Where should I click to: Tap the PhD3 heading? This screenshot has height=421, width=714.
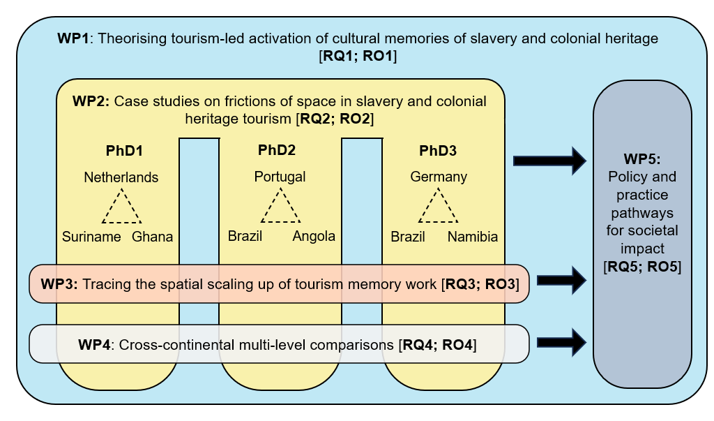pyautogui.click(x=439, y=150)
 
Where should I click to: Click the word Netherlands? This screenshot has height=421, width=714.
pyautogui.click(x=121, y=177)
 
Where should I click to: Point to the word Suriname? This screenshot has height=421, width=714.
pyautogui.click(x=91, y=237)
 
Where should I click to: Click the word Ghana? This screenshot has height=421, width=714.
pyautogui.click(x=153, y=237)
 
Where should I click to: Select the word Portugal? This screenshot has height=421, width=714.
pyautogui.click(x=280, y=177)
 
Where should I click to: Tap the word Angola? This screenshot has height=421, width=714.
pyautogui.click(x=314, y=236)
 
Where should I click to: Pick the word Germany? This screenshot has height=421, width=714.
pyautogui.click(x=439, y=177)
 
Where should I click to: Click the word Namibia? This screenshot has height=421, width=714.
pyautogui.click(x=473, y=237)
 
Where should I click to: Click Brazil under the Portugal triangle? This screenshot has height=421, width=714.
pyautogui.click(x=245, y=236)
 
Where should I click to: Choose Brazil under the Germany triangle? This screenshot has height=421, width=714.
pyautogui.click(x=408, y=237)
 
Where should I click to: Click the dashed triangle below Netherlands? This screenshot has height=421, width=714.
pyautogui.click(x=122, y=207)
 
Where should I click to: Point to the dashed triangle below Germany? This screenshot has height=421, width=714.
pyautogui.click(x=439, y=207)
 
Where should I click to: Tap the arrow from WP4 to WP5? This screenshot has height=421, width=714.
pyautogui.click(x=563, y=341)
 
